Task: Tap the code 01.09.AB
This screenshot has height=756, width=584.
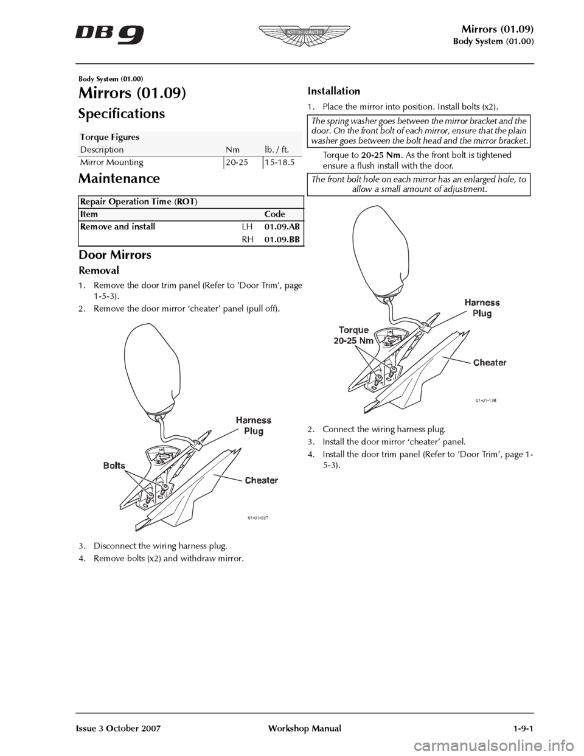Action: pyautogui.click(x=282, y=226)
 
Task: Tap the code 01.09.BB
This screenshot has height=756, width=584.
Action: pyautogui.click(x=282, y=240)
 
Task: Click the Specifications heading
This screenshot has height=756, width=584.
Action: pyautogui.click(x=122, y=114)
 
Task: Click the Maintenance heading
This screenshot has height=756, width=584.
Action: pyautogui.click(x=119, y=178)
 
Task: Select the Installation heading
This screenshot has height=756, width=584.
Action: pyautogui.click(x=334, y=91)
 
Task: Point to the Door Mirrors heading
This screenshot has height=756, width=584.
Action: pyautogui.click(x=115, y=254)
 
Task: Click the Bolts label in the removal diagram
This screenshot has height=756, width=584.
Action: pyautogui.click(x=114, y=466)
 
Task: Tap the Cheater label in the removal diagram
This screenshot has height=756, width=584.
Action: pyautogui.click(x=261, y=480)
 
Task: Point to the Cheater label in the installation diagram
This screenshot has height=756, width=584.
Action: pyautogui.click(x=490, y=362)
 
